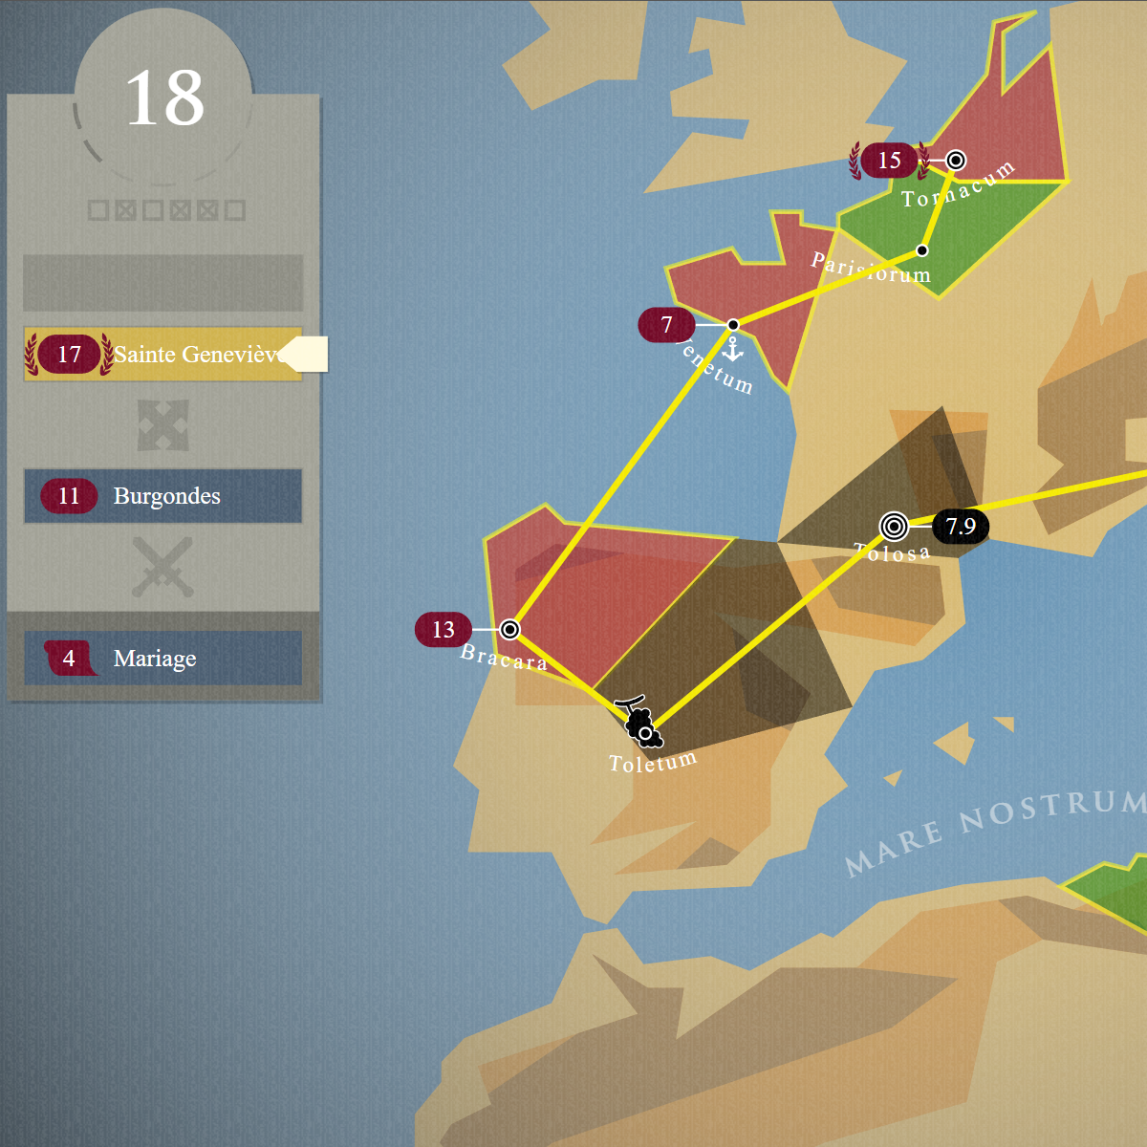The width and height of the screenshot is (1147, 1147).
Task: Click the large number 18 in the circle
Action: [164, 98]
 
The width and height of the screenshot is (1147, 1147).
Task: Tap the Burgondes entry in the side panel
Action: [166, 496]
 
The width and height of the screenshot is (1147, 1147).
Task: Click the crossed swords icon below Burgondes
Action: [162, 568]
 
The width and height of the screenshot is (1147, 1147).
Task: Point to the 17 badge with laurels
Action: [69, 355]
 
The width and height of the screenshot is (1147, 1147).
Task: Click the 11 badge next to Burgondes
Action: [69, 496]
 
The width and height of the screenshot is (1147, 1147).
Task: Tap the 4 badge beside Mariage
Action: [69, 659]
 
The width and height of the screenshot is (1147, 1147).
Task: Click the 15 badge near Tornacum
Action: [889, 161]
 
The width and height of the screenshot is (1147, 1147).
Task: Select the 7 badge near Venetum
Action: [666, 325]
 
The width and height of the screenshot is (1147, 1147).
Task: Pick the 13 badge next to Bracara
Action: [443, 630]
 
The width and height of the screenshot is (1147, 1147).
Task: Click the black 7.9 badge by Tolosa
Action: [960, 527]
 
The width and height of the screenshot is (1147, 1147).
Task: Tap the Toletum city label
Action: [653, 763]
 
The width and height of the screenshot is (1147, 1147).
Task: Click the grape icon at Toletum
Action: [638, 721]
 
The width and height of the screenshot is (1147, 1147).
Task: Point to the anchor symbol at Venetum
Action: [733, 350]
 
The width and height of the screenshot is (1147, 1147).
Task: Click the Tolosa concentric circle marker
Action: [894, 526]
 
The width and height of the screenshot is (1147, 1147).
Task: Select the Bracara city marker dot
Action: [510, 629]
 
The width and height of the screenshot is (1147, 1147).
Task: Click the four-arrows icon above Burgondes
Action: [162, 425]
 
